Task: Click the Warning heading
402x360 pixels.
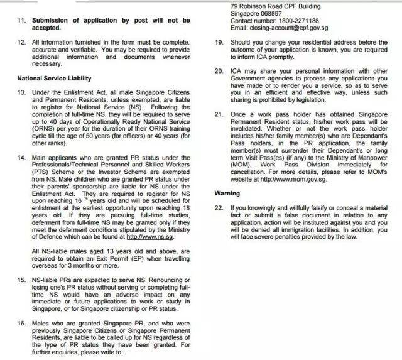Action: click(227, 194)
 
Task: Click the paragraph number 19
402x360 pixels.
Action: click(219, 43)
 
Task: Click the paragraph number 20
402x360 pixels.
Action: click(219, 72)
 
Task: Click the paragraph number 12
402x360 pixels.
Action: click(20, 43)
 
